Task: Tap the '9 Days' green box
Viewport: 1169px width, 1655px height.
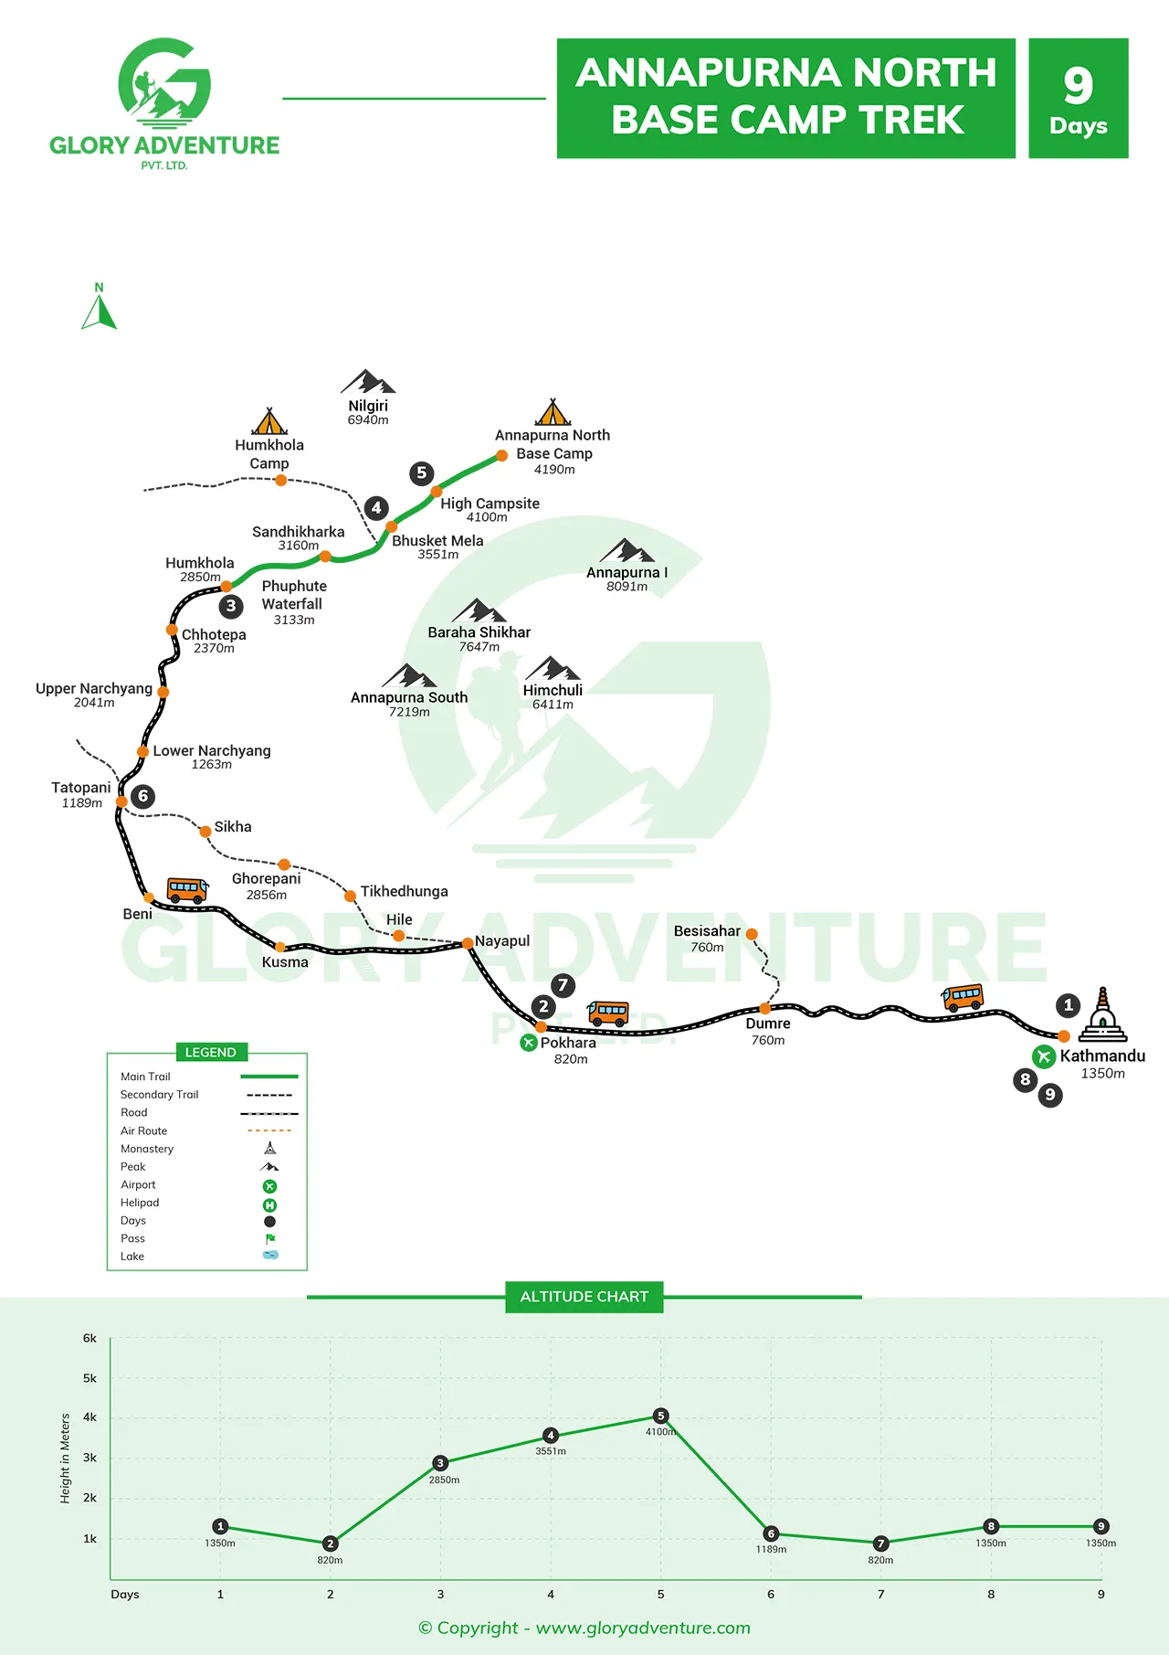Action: click(1078, 99)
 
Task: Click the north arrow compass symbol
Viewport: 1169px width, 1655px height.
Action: click(100, 308)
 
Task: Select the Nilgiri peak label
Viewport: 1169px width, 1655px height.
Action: click(368, 406)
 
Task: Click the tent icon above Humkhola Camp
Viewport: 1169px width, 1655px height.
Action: click(269, 421)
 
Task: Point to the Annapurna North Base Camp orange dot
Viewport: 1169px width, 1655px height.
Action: click(501, 455)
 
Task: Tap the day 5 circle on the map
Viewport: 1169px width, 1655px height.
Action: click(421, 472)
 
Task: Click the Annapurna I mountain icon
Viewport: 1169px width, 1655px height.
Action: click(627, 550)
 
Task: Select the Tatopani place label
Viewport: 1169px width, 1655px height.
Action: click(81, 788)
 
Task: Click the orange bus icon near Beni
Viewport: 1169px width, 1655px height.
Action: click(187, 889)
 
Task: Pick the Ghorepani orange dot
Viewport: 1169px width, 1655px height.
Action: click(284, 865)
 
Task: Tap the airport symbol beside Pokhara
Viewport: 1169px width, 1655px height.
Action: click(528, 1043)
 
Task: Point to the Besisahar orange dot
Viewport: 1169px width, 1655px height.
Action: click(752, 934)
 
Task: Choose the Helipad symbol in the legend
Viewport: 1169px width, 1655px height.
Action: click(269, 1204)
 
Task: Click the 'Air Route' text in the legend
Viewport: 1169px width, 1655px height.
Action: click(144, 1130)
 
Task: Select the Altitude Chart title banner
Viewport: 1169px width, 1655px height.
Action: click(584, 1297)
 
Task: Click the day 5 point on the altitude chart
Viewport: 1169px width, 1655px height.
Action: click(661, 1416)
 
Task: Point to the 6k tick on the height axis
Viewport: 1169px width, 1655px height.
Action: click(90, 1339)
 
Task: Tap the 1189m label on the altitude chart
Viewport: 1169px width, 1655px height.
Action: click(771, 1549)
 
